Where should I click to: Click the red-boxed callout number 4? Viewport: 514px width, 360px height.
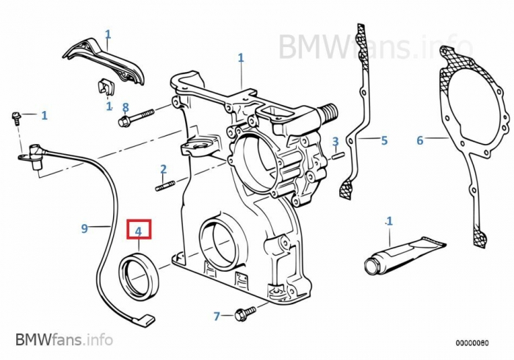coord(139,229)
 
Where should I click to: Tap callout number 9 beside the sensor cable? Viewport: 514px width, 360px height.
coord(84,228)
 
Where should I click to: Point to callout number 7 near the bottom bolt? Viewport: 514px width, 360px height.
coord(217,317)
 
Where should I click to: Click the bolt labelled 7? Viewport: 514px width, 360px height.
coord(245,314)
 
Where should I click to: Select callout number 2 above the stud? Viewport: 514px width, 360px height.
coord(164,170)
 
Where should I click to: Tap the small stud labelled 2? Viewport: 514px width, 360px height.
coord(164,185)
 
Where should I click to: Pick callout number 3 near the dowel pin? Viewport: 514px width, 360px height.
coord(335,141)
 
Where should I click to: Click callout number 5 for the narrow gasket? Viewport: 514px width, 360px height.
coord(383,140)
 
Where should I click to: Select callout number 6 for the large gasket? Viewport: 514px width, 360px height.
coord(420,140)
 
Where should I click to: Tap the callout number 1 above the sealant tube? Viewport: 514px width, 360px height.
coord(389,220)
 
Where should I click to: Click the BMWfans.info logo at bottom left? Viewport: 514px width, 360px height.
coord(64,339)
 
